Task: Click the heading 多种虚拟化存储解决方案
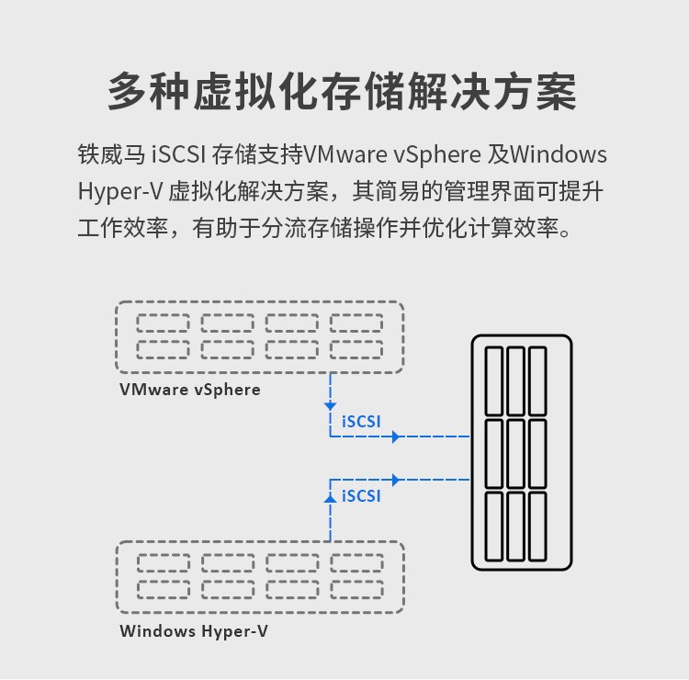[343, 93]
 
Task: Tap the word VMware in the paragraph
[345, 153]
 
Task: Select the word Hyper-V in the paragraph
[119, 191]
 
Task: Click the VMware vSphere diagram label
[190, 390]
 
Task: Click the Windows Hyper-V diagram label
[194, 631]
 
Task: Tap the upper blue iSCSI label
[361, 421]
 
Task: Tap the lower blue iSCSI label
[361, 495]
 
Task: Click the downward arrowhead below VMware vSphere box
[330, 406]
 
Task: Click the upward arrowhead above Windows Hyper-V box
[330, 496]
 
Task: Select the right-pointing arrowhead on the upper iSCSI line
[396, 436]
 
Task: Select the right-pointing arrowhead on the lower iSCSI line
[396, 480]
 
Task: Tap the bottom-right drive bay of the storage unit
[537, 525]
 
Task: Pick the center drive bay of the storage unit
[516, 452]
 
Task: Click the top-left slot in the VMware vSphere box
[163, 323]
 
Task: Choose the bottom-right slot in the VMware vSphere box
[356, 349]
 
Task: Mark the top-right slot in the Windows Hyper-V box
[356, 562]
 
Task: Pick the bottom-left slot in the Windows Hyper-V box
[164, 589]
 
